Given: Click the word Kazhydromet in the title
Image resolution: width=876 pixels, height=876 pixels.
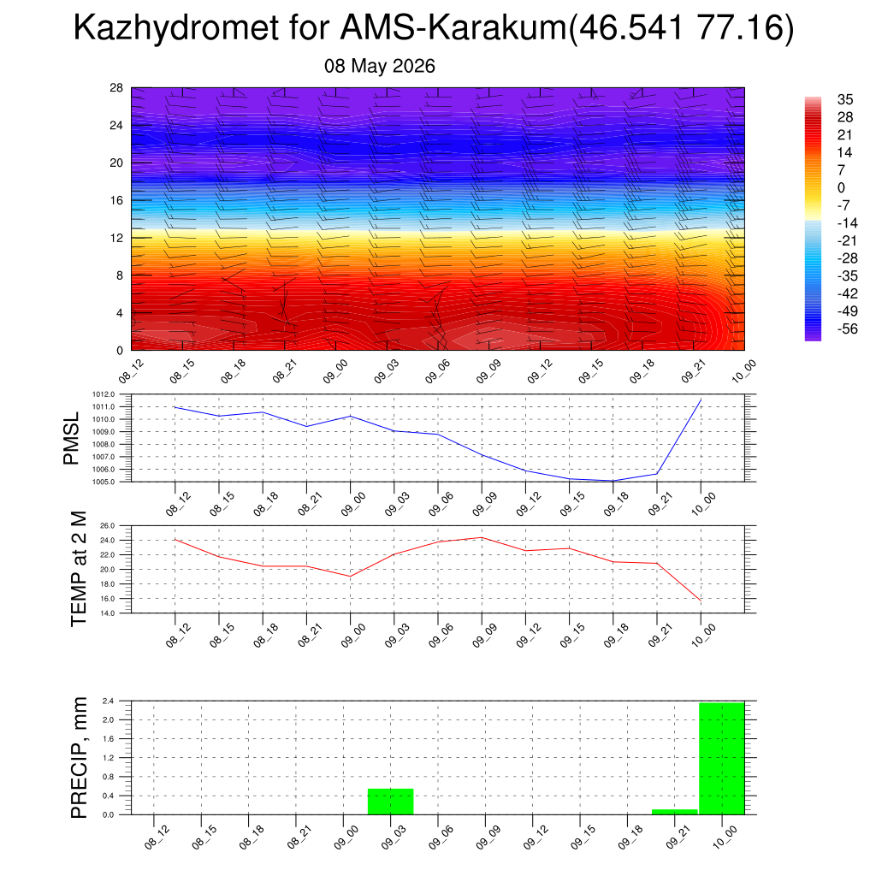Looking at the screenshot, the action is coord(175,27).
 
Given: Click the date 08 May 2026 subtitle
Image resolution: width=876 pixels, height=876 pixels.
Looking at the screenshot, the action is coord(379,66).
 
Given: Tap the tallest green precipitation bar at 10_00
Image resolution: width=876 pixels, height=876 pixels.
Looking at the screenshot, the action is coord(722,758).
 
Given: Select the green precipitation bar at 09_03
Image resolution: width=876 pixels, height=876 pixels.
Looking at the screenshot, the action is coord(390,801).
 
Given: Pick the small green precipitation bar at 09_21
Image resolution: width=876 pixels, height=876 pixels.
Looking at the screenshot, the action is coord(675,812).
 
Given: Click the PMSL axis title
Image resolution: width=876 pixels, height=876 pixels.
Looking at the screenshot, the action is coord(72,439).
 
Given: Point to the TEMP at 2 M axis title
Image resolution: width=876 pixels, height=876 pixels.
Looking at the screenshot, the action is coord(79,569).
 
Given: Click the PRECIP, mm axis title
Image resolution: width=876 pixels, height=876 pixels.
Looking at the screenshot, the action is coord(79,758).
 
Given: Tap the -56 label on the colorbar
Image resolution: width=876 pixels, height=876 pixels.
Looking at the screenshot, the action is coord(847,328).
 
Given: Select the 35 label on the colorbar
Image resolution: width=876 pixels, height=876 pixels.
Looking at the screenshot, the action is coord(845,99).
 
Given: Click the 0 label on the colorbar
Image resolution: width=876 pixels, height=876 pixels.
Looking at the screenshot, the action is coord(842,187).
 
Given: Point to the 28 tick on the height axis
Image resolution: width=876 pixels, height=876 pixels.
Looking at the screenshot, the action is coord(116,88).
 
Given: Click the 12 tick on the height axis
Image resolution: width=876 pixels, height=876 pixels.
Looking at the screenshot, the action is coord(116,238).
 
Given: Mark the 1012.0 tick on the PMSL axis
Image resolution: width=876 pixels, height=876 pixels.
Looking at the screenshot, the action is coord(104,394).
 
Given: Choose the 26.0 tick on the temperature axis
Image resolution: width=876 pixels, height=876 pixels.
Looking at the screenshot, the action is coord(107,526).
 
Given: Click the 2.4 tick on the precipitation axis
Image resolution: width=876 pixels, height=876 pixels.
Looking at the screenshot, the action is coord(109,701).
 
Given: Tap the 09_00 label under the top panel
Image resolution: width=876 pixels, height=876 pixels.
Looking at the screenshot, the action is coord(335,371).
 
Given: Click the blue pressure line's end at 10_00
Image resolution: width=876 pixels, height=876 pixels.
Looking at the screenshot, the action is coord(701,400).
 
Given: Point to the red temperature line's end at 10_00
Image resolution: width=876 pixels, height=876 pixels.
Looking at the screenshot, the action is coord(701,600).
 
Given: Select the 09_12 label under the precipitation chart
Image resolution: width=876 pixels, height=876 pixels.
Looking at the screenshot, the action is coord(536,838).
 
